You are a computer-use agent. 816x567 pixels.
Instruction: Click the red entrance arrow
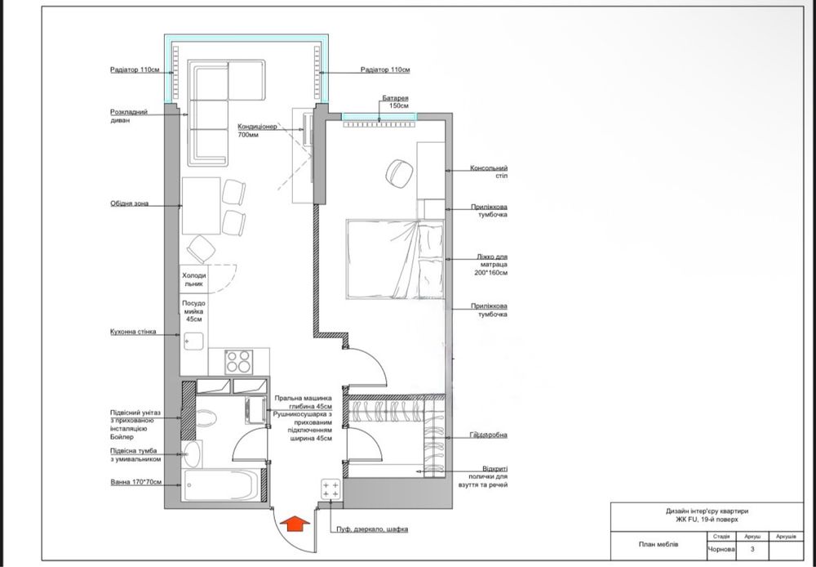pos(295,523)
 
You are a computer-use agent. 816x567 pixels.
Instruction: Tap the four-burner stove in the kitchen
pos(238,362)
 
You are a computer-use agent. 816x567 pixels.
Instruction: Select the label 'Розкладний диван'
pos(129,116)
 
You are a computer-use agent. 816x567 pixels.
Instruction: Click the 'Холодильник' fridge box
pos(194,279)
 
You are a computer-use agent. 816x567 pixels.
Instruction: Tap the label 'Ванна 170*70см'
pos(135,482)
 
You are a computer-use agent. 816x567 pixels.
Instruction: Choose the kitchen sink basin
pos(193,342)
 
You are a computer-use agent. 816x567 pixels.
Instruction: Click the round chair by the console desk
pos(399,173)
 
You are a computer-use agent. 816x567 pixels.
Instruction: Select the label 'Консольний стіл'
pos(489,172)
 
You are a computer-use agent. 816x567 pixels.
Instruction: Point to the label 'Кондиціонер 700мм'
pos(257,130)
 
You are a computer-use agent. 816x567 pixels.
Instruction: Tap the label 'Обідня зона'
pos(129,203)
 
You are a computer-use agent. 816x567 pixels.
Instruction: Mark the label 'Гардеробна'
pos(488,435)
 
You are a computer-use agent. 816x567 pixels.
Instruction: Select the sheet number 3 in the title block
pos(752,549)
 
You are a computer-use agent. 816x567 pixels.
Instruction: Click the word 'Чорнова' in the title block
pos(721,549)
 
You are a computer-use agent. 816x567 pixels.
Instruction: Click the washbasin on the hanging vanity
pos(191,454)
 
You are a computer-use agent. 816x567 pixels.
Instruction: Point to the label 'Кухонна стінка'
pos(133,332)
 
